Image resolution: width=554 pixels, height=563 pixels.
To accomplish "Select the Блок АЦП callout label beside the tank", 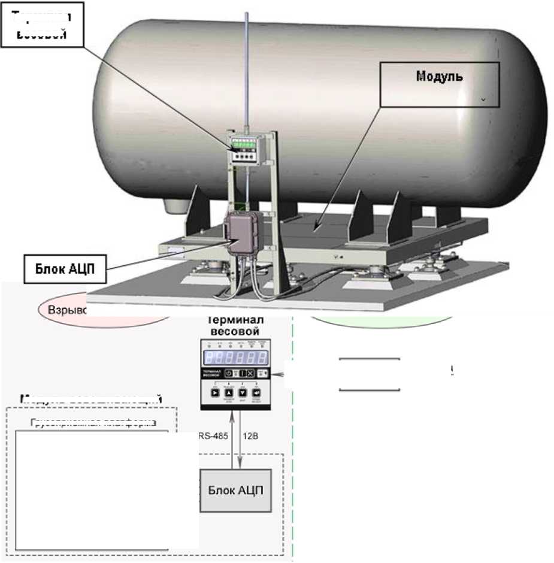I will tap(66, 269).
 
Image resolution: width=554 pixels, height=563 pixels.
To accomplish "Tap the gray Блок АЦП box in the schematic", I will tap(235, 490).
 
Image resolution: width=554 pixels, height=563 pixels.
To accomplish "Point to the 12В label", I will tap(250, 436).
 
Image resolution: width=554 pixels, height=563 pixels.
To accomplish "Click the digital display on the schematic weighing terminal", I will tap(235, 358).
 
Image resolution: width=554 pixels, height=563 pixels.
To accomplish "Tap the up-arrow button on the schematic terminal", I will tap(228, 394).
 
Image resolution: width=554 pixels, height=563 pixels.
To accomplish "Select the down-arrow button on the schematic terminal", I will tap(243, 394).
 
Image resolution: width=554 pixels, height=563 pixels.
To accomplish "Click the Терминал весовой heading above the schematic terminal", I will tap(235, 325).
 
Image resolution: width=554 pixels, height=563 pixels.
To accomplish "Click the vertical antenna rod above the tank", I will tap(246, 66).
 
